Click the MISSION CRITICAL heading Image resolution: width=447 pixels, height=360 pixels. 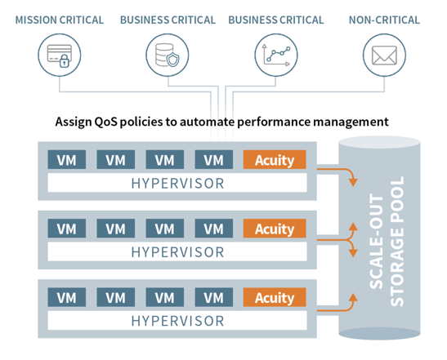[x=60, y=20]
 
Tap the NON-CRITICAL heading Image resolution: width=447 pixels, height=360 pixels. [x=384, y=20]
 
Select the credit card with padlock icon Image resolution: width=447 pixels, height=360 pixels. [x=60, y=56]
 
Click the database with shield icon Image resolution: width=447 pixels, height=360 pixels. [x=168, y=56]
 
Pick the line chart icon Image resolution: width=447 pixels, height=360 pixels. [x=276, y=56]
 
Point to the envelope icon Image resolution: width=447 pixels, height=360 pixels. [x=384, y=56]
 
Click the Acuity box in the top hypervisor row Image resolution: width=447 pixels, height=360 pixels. [x=275, y=160]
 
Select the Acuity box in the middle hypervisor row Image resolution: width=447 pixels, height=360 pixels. [x=275, y=229]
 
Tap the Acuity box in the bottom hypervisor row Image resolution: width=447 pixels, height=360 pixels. [x=275, y=297]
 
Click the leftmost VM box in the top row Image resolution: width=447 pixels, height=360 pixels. [x=67, y=160]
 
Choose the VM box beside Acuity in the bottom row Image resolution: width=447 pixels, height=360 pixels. [x=214, y=297]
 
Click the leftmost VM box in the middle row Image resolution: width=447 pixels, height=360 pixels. [x=67, y=229]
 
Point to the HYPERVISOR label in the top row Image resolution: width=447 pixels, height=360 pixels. [x=177, y=184]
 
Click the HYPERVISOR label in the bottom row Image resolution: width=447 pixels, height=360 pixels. [x=177, y=321]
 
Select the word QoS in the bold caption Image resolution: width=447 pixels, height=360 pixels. [x=105, y=122]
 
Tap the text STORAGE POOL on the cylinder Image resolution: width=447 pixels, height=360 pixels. [x=397, y=242]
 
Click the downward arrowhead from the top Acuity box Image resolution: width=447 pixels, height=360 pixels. [x=354, y=182]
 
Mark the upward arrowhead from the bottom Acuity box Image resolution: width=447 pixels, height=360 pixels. [x=354, y=298]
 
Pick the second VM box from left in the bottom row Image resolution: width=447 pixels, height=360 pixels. [x=116, y=297]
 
